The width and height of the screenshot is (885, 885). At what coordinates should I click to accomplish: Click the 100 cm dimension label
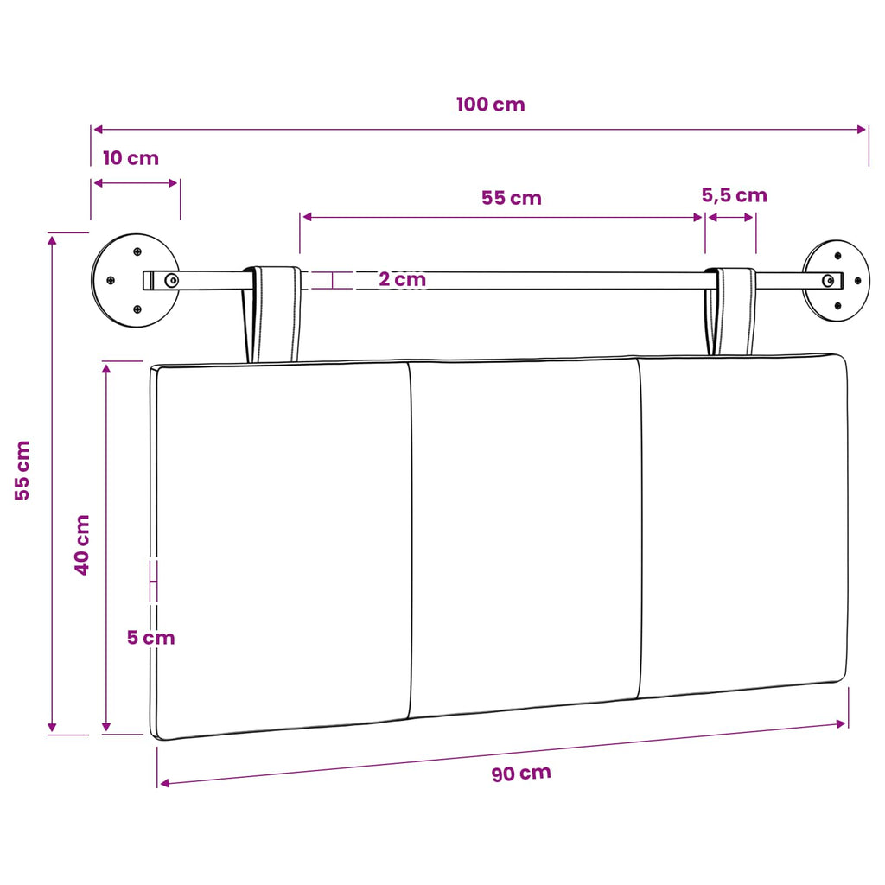tap(491, 105)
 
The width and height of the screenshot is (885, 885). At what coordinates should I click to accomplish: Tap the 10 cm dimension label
tap(131, 158)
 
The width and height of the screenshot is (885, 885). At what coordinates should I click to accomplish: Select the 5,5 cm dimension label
tap(735, 195)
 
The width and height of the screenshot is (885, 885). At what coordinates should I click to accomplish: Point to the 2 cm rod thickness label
tap(402, 279)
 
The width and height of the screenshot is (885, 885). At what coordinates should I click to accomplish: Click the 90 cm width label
tap(521, 773)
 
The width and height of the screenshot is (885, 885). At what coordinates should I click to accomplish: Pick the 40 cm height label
tap(82, 544)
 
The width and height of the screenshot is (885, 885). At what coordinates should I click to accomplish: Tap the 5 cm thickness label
tap(150, 638)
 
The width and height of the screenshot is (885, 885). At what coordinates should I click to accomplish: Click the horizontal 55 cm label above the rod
tap(512, 198)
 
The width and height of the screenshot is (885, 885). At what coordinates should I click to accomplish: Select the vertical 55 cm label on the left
tap(22, 470)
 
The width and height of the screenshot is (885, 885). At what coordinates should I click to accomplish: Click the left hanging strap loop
tap(271, 314)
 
